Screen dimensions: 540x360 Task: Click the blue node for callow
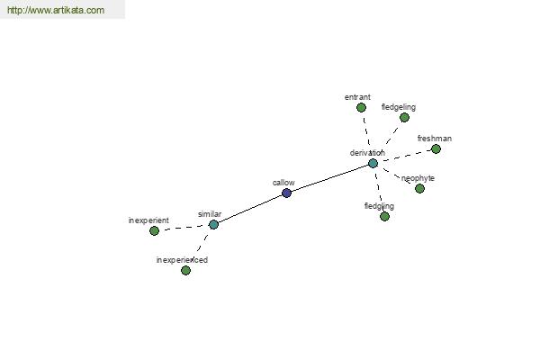(x=286, y=193)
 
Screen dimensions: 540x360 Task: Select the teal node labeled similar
(x=213, y=225)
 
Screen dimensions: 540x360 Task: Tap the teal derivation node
(x=373, y=163)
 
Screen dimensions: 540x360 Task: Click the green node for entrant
(x=361, y=108)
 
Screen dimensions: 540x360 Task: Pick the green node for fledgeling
(x=404, y=118)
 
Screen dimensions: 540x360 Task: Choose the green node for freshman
(x=436, y=148)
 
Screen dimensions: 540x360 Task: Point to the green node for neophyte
(x=419, y=188)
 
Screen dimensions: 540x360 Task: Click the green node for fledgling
(x=384, y=216)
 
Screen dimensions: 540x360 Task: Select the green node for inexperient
(x=154, y=230)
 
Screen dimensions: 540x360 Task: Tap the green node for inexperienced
(x=185, y=270)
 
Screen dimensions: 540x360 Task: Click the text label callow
(x=283, y=183)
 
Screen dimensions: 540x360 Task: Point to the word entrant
(x=357, y=97)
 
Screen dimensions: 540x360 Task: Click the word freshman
(x=435, y=139)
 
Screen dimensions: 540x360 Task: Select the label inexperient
(x=148, y=220)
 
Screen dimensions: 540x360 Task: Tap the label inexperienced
(x=182, y=260)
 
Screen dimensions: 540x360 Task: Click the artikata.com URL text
(x=56, y=10)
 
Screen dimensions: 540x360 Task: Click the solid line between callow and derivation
(x=330, y=178)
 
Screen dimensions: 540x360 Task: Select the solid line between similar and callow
(x=250, y=209)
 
